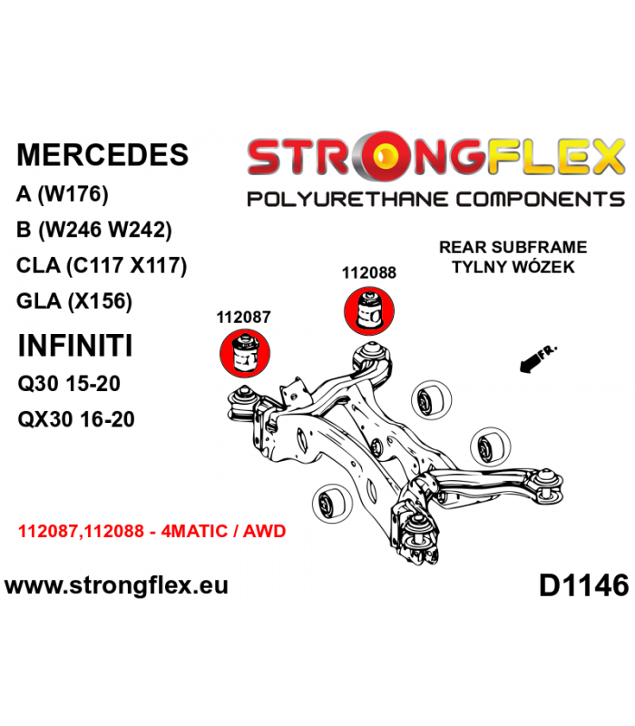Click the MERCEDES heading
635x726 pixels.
[103, 154]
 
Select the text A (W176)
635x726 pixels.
[62, 194]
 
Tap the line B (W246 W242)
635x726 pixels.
[94, 230]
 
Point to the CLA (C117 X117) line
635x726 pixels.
[102, 265]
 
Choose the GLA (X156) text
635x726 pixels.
[74, 301]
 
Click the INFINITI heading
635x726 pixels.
[75, 346]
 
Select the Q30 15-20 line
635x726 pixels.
[69, 383]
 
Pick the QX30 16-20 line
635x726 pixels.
[76, 419]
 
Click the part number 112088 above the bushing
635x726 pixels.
[369, 273]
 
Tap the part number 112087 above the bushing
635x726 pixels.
[243, 317]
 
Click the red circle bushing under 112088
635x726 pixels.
[369, 310]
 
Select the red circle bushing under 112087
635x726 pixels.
[244, 354]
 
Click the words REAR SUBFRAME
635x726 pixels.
[513, 247]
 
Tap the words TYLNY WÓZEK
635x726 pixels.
[513, 267]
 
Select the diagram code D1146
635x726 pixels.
[584, 585]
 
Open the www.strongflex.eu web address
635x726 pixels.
[116, 585]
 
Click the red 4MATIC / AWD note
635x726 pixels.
[223, 531]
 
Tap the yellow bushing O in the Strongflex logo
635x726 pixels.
[385, 156]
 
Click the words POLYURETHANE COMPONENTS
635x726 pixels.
[436, 200]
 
